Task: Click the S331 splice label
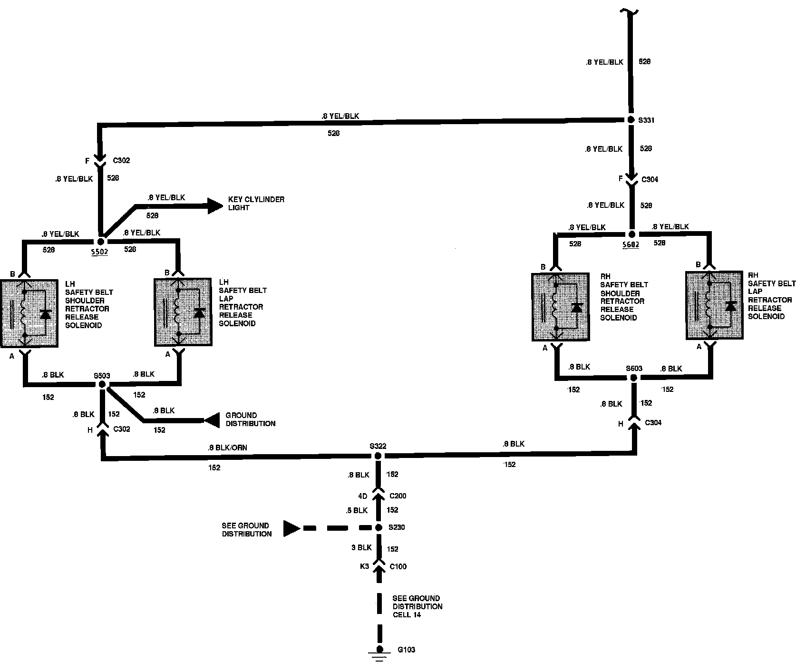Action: click(x=646, y=120)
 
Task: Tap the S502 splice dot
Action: click(x=101, y=242)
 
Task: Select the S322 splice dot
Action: click(x=378, y=456)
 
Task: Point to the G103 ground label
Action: click(x=407, y=650)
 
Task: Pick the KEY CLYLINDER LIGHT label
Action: click(x=256, y=204)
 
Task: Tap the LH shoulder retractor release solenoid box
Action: click(x=29, y=313)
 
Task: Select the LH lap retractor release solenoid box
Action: click(x=183, y=312)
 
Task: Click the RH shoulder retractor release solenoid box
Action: click(x=561, y=307)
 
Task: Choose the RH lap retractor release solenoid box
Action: click(x=714, y=305)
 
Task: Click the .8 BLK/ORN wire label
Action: click(x=227, y=448)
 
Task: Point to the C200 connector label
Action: click(x=398, y=496)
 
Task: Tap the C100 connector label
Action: click(x=398, y=566)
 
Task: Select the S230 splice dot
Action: click(x=379, y=527)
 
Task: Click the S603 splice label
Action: click(x=634, y=368)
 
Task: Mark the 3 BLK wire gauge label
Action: click(x=361, y=547)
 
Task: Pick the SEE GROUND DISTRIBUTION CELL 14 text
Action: click(x=417, y=606)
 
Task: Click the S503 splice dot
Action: click(x=102, y=384)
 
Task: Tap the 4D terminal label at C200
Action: click(x=362, y=496)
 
